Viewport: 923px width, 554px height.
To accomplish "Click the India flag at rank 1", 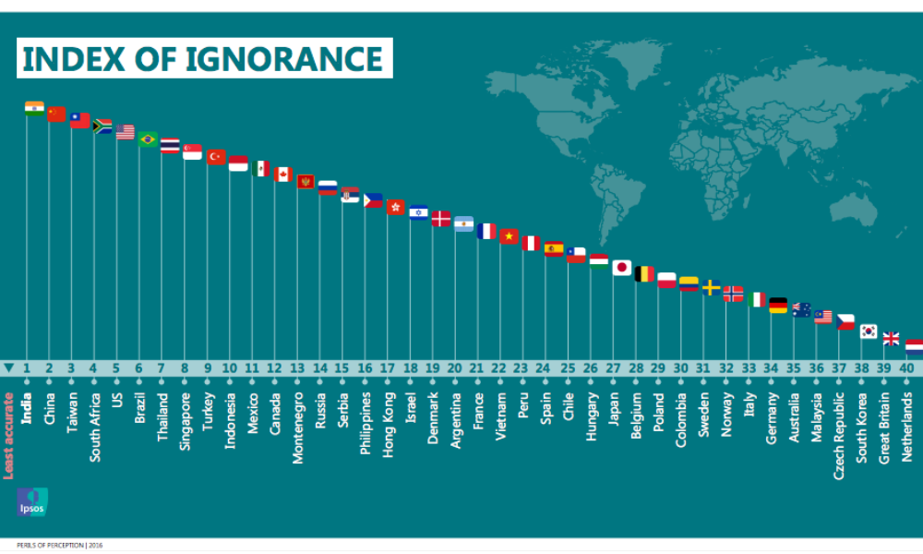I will click(x=34, y=108).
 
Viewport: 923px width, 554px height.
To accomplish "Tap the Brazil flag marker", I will click(x=148, y=139).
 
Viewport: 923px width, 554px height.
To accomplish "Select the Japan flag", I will click(x=622, y=268).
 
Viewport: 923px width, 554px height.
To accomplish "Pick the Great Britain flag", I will click(x=892, y=339).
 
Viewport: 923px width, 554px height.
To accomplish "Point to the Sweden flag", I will click(x=712, y=287).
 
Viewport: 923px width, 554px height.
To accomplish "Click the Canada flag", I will click(x=283, y=174).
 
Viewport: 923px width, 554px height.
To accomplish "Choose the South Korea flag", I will click(x=869, y=331).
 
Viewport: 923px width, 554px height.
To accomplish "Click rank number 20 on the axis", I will click(x=454, y=367).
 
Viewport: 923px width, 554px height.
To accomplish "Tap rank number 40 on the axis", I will click(x=906, y=367).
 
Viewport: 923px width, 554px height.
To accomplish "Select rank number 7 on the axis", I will click(x=162, y=367).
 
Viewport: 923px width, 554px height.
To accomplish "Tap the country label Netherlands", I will click(x=907, y=421).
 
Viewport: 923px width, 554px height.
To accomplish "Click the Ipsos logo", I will click(x=31, y=501).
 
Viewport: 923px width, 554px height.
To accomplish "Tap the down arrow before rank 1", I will click(x=8, y=367).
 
